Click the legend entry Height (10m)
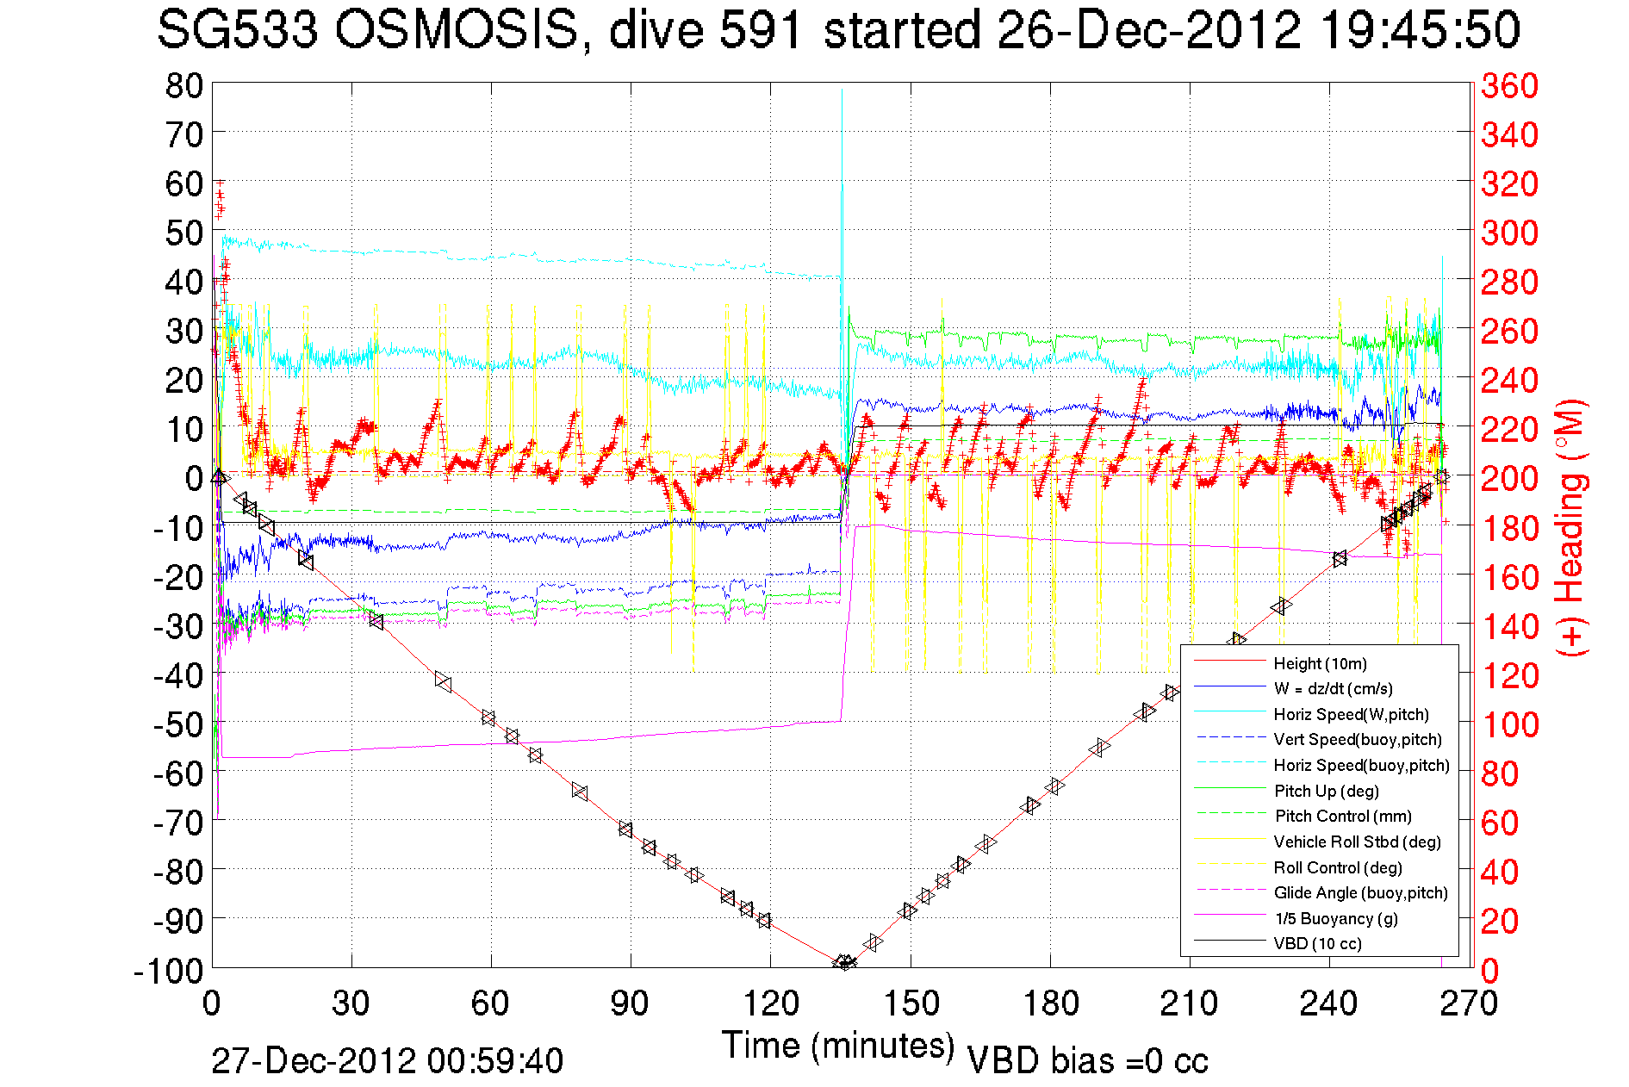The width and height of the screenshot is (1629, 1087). point(1320,663)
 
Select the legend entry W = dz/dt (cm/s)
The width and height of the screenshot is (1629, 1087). point(1333,688)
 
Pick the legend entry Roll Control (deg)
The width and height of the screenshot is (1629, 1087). point(1338,867)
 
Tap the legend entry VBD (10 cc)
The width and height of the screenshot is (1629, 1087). point(1317,943)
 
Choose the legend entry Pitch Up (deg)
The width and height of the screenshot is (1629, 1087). point(1326,791)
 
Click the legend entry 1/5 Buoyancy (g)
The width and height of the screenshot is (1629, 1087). point(1336,918)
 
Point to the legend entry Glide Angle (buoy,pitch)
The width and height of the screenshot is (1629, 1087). point(1360,892)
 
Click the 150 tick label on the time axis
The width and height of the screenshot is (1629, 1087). point(911,1003)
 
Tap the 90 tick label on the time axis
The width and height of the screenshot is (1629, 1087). point(631,1003)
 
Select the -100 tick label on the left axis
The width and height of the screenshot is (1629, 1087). point(168,971)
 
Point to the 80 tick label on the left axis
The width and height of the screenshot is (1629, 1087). point(183,85)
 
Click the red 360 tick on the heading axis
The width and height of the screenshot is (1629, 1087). point(1509,85)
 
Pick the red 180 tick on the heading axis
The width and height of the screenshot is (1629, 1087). point(1509,528)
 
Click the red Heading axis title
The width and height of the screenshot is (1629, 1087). point(1570,527)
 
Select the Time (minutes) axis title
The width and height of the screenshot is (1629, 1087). point(838,1046)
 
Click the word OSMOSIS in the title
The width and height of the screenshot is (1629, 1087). point(457,30)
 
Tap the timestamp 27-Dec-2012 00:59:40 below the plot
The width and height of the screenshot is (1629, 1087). point(387,1060)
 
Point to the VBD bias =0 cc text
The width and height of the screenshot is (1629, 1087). point(1087,1060)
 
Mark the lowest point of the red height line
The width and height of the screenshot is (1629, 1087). point(844,963)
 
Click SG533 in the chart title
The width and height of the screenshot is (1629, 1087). point(238,30)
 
